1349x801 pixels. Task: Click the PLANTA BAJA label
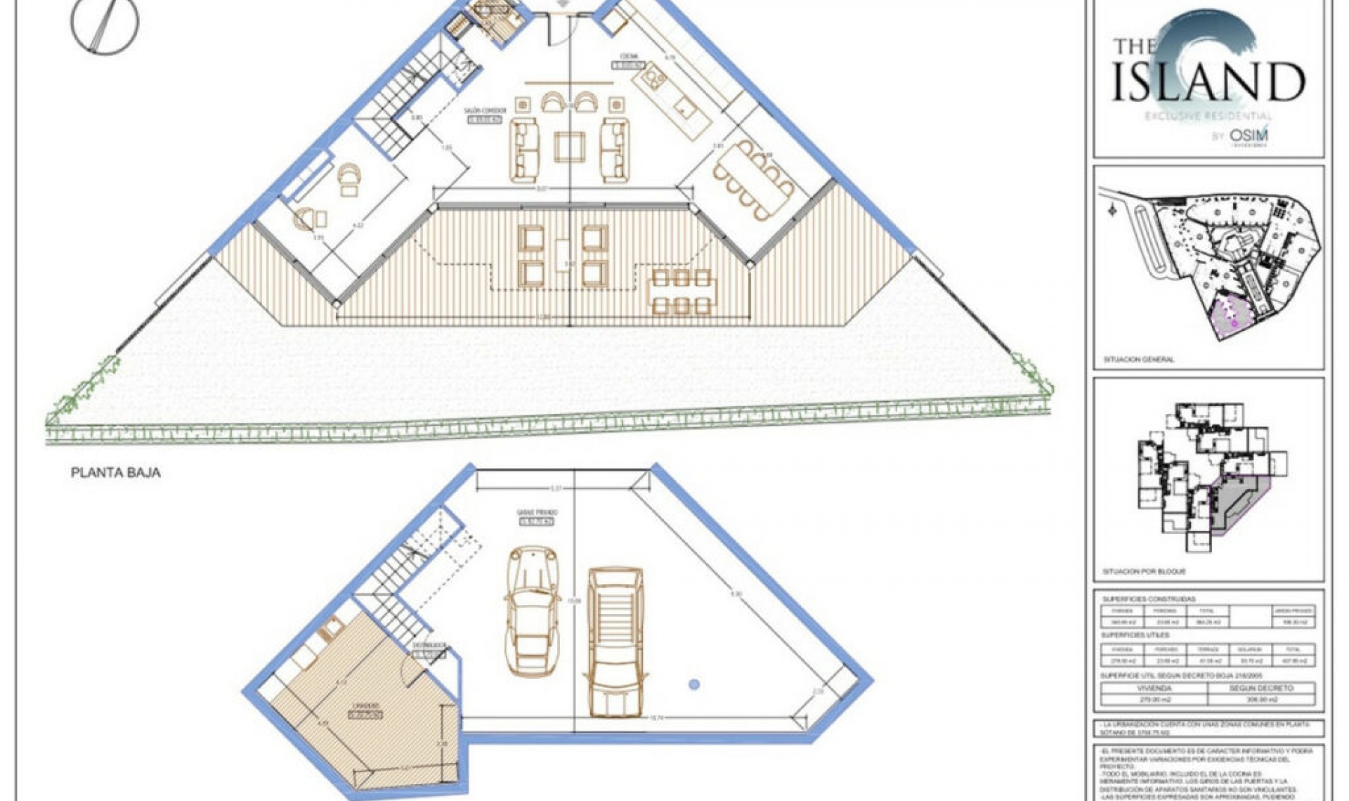tap(116, 473)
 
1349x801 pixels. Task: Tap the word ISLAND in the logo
tap(1208, 82)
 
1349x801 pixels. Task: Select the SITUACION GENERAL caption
tap(1138, 360)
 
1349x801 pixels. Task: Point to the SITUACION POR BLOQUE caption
tap(1144, 572)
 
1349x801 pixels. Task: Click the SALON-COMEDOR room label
tap(485, 111)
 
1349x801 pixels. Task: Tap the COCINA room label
tap(628, 57)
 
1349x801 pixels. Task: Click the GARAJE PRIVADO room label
tap(537, 514)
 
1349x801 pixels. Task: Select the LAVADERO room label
tap(365, 705)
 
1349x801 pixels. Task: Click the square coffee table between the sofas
tap(569, 147)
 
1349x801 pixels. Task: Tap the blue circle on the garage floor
tap(694, 684)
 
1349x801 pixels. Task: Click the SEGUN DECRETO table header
tap(1261, 689)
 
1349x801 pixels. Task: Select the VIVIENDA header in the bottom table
tap(1154, 689)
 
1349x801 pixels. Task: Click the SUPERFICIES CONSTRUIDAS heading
tap(1149, 599)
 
